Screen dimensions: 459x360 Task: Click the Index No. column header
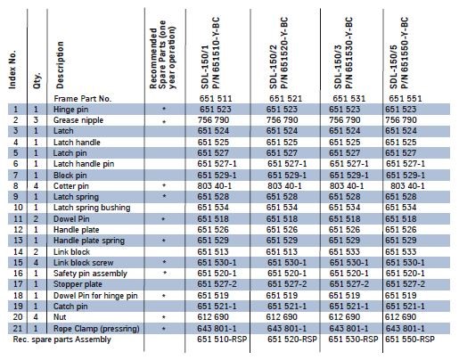(x=12, y=70)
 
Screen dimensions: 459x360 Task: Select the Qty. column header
(x=37, y=80)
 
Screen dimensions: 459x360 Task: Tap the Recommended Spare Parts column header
(x=162, y=54)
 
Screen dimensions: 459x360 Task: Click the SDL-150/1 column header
(x=210, y=53)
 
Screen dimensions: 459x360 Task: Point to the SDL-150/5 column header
(x=398, y=53)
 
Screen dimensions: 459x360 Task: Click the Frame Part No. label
(x=82, y=99)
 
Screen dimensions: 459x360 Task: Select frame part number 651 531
(x=348, y=98)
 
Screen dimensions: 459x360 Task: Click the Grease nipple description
(x=78, y=120)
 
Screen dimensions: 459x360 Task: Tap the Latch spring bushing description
(x=92, y=208)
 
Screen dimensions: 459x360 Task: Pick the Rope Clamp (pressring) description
(x=96, y=329)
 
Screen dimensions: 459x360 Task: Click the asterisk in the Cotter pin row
(x=164, y=185)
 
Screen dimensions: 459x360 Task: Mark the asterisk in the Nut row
(x=164, y=317)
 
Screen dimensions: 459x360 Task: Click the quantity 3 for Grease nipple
(x=36, y=120)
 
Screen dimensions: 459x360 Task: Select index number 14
(x=18, y=252)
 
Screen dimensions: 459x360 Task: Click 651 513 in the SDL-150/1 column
(x=213, y=252)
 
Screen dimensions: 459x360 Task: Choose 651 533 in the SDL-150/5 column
(x=401, y=252)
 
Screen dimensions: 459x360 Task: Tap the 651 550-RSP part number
(x=410, y=340)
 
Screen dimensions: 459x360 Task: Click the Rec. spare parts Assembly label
(x=61, y=340)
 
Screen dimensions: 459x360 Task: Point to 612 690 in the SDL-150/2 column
(x=282, y=317)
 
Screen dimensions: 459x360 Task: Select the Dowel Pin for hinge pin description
(x=95, y=296)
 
